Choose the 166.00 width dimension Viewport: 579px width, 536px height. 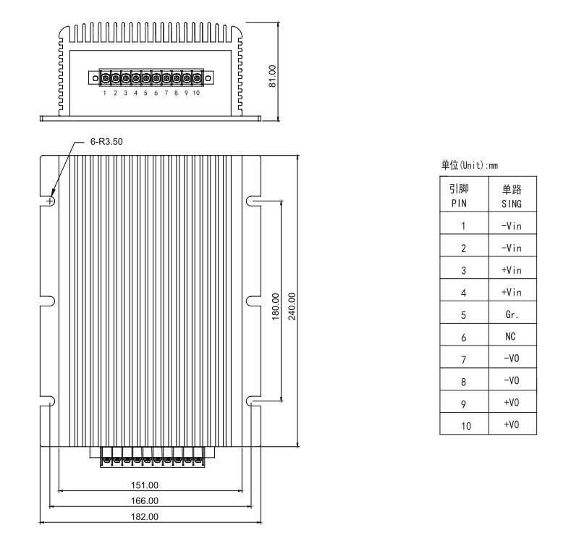(x=148, y=501)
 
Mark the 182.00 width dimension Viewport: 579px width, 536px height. (x=148, y=516)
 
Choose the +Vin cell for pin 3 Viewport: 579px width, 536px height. (x=512, y=271)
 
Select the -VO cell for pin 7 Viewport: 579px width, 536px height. (x=512, y=359)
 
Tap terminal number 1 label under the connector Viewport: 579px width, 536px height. (x=105, y=93)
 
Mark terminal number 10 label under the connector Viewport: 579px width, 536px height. (x=196, y=93)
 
